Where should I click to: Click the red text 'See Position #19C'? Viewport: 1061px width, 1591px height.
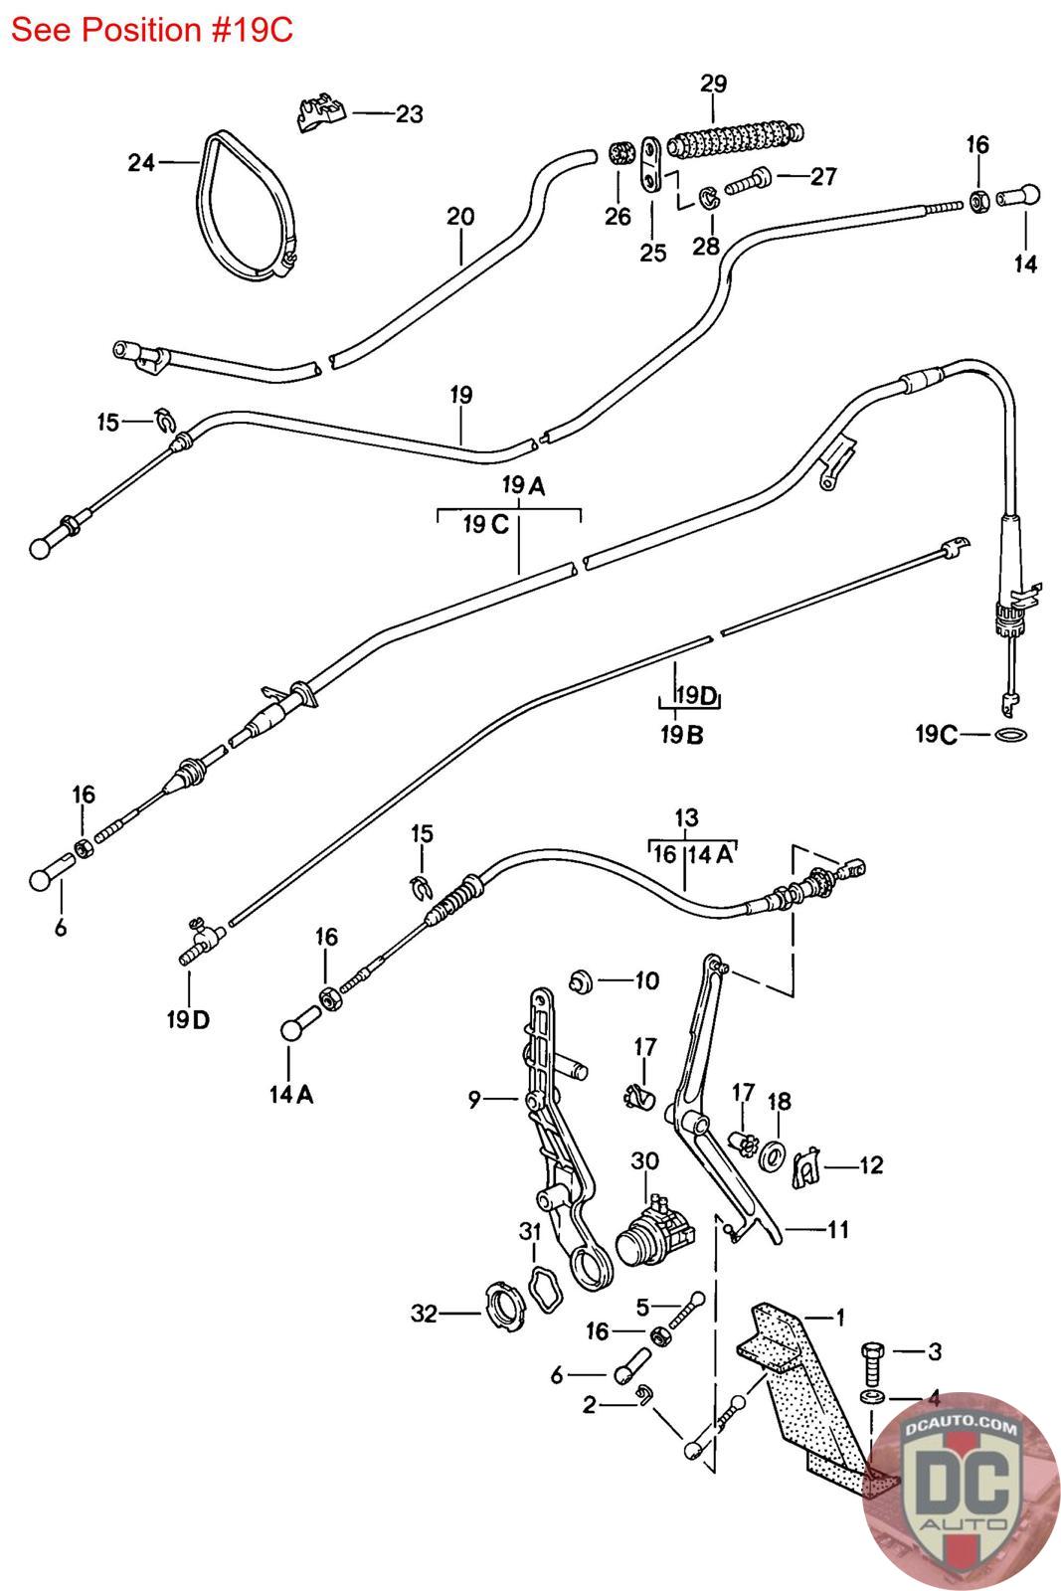tap(152, 31)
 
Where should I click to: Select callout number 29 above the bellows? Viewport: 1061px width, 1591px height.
tap(713, 84)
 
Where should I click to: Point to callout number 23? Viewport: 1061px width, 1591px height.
tap(409, 114)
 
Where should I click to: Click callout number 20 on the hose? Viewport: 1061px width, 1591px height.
tap(460, 216)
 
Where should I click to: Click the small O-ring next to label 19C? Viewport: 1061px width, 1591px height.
tap(1011, 735)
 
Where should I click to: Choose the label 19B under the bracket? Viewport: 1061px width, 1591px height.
tap(681, 736)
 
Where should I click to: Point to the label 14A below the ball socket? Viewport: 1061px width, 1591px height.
tap(290, 1095)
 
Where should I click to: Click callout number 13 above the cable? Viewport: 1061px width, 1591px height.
tap(686, 818)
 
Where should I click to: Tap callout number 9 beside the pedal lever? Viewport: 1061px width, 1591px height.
tap(474, 1099)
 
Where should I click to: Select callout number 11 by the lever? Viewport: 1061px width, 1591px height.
tap(838, 1230)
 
